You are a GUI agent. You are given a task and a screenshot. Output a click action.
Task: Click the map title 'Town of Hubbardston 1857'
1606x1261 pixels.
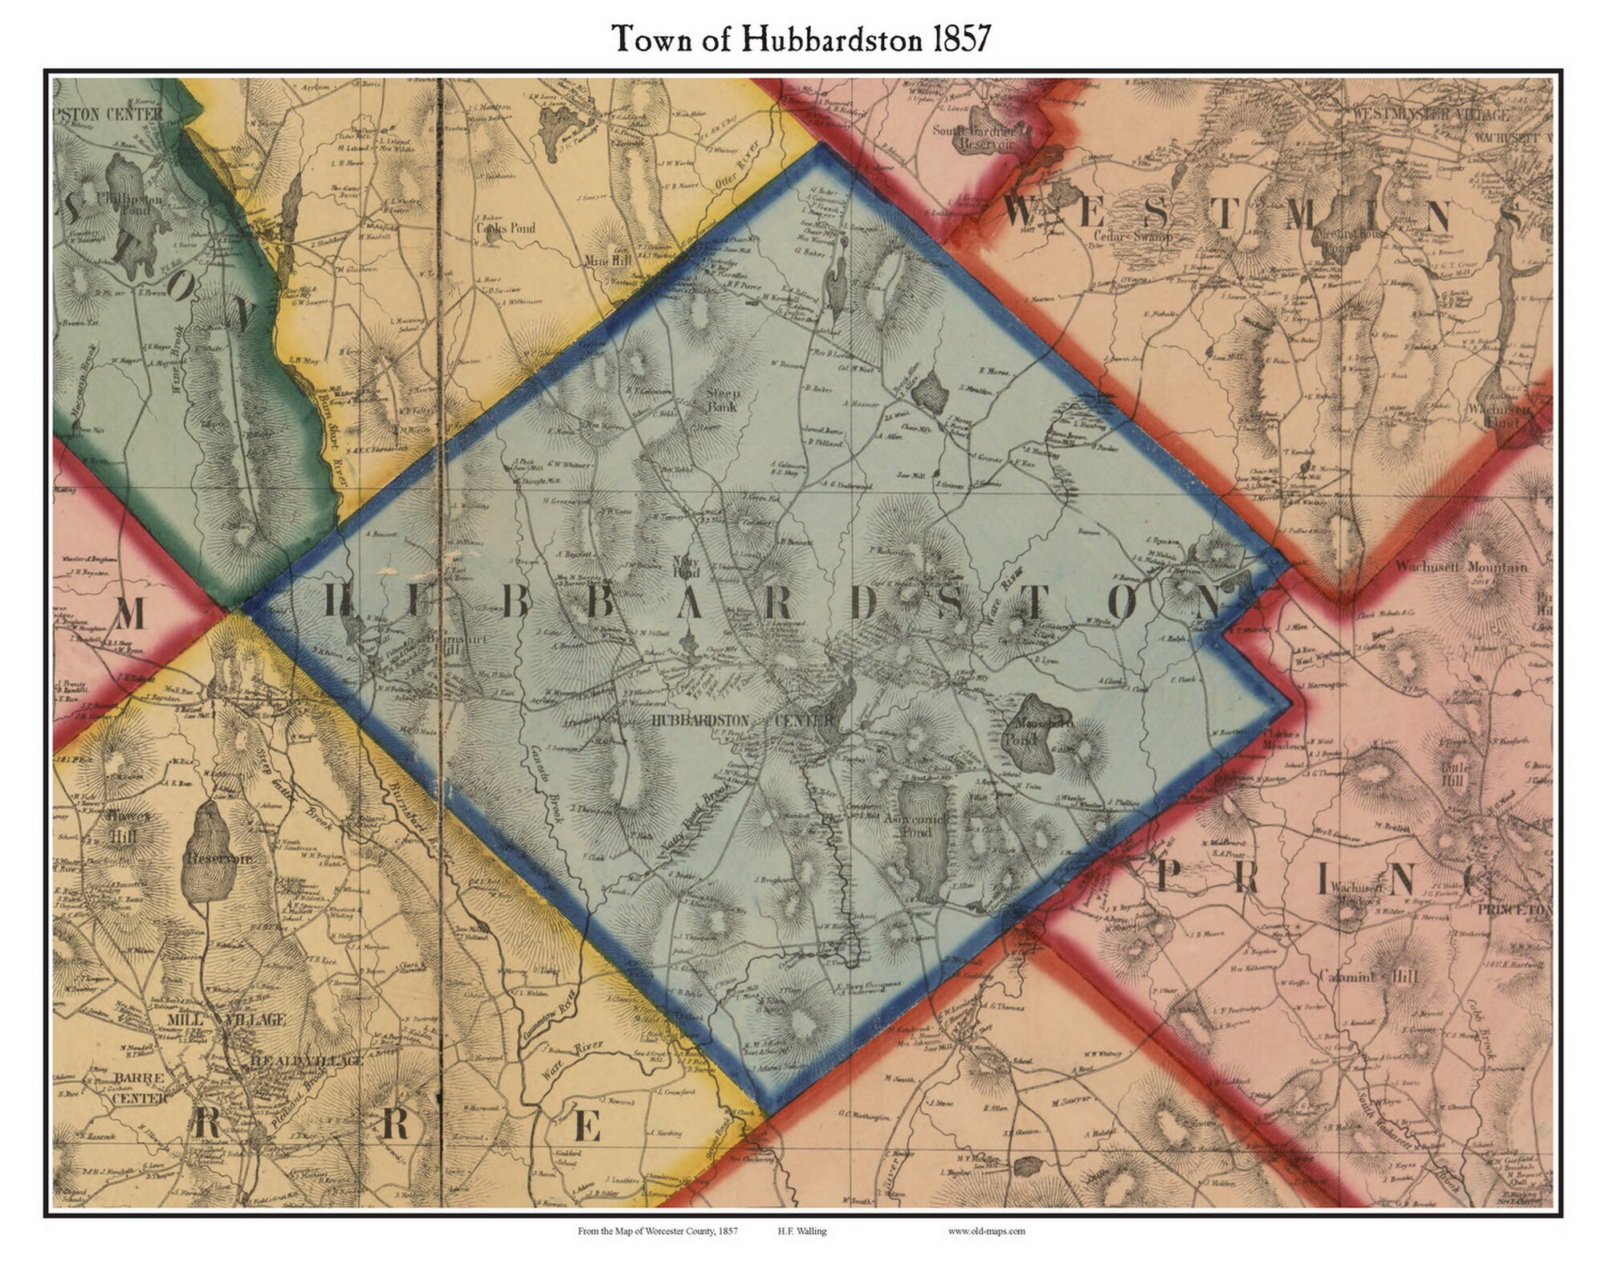(x=801, y=38)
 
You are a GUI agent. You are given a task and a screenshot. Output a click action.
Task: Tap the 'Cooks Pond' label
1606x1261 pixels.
(x=505, y=228)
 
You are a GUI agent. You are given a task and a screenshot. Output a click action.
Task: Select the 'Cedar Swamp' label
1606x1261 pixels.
(x=1133, y=236)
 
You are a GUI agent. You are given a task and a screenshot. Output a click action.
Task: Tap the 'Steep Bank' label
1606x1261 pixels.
(x=721, y=400)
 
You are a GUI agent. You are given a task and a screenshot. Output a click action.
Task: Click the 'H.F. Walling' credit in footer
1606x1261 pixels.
(x=801, y=1230)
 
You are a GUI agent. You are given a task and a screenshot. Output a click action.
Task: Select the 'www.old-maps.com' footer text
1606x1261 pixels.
(x=985, y=1230)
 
